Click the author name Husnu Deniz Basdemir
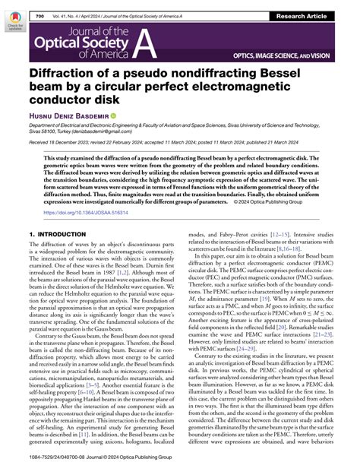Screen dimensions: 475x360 click(68, 116)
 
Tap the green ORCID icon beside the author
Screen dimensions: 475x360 click(114, 116)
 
